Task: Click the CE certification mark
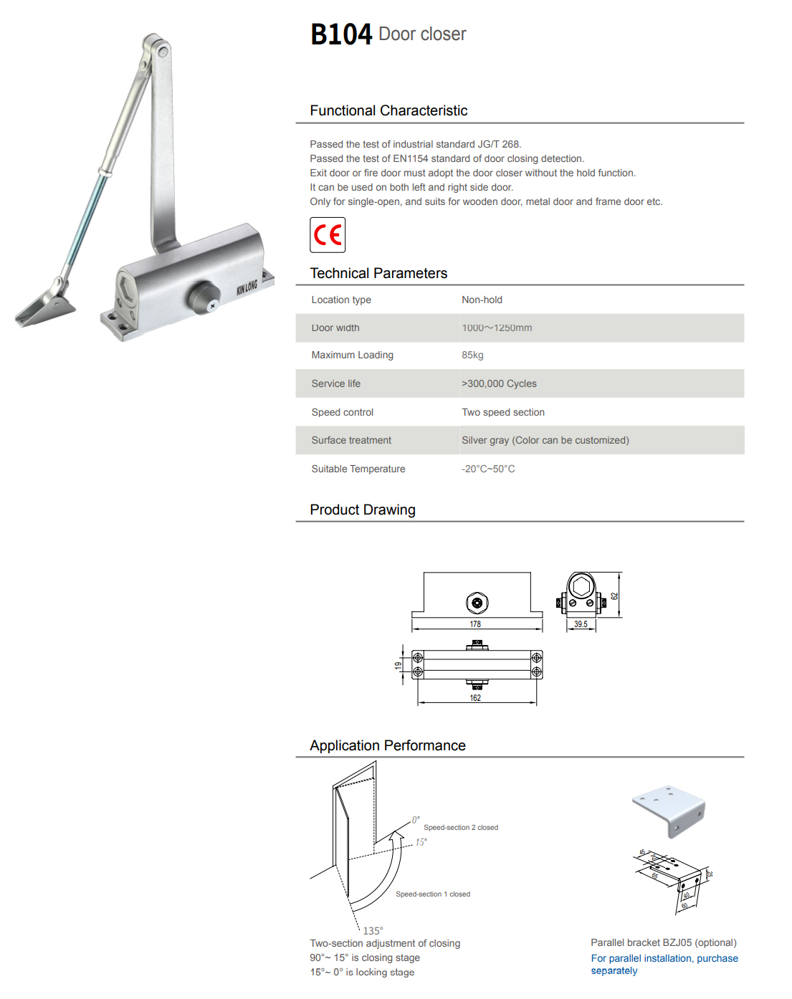pyautogui.click(x=328, y=235)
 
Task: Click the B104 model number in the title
pyautogui.click(x=341, y=34)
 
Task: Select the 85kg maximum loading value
pyautogui.click(x=472, y=355)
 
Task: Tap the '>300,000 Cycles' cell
pyautogui.click(x=499, y=384)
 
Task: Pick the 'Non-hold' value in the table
pyautogui.click(x=482, y=300)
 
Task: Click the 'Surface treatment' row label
pyautogui.click(x=351, y=441)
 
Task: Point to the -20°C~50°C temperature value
pyautogui.click(x=488, y=469)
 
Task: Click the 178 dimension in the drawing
pyautogui.click(x=475, y=624)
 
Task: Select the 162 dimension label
pyautogui.click(x=475, y=698)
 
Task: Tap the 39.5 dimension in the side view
pyautogui.click(x=581, y=624)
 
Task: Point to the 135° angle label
pyautogui.click(x=373, y=931)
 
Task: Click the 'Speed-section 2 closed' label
pyautogui.click(x=461, y=828)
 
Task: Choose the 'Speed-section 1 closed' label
pyautogui.click(x=433, y=894)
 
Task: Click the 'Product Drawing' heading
pyautogui.click(x=363, y=510)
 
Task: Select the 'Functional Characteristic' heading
pyautogui.click(x=388, y=111)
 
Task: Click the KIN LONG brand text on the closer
pyautogui.click(x=247, y=287)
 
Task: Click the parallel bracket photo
pyautogui.click(x=669, y=809)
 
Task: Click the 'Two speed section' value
pyautogui.click(x=503, y=413)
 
